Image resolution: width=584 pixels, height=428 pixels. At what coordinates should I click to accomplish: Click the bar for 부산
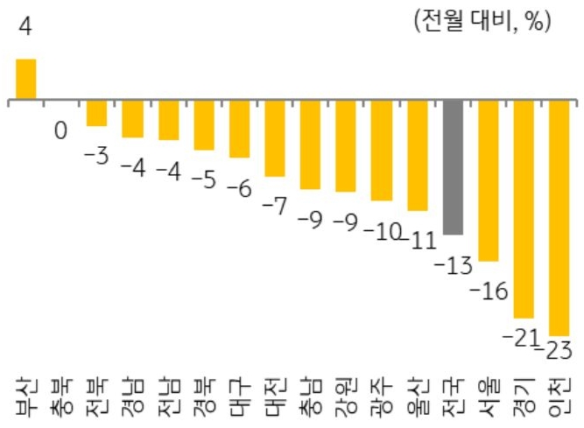pyautogui.click(x=26, y=80)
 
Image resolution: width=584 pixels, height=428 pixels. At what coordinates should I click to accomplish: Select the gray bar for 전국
pyautogui.click(x=452, y=167)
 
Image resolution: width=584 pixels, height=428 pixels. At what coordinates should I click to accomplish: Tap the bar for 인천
pyautogui.click(x=559, y=218)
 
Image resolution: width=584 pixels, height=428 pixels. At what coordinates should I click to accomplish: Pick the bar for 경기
pyautogui.click(x=523, y=209)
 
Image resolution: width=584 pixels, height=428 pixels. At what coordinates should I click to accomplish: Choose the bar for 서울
pyautogui.click(x=488, y=181)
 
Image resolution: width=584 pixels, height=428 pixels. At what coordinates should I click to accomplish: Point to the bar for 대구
pyautogui.click(x=239, y=130)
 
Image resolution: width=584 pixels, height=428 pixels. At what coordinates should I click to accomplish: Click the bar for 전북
pyautogui.click(x=96, y=114)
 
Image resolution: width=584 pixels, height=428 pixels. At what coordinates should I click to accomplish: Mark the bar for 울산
pyautogui.click(x=417, y=156)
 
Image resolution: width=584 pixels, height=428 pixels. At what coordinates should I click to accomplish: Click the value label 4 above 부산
pyautogui.click(x=25, y=28)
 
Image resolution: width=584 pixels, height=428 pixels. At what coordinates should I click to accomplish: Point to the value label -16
pyautogui.click(x=488, y=291)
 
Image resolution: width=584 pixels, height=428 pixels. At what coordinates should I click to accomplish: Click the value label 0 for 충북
pyautogui.click(x=60, y=131)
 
